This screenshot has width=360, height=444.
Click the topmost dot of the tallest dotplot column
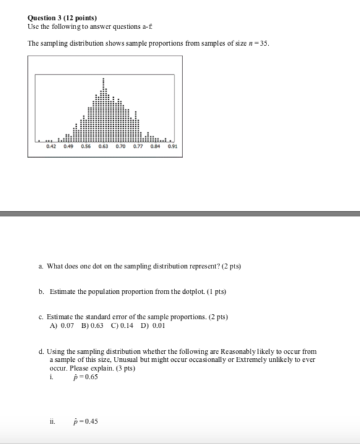(x=103, y=79)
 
